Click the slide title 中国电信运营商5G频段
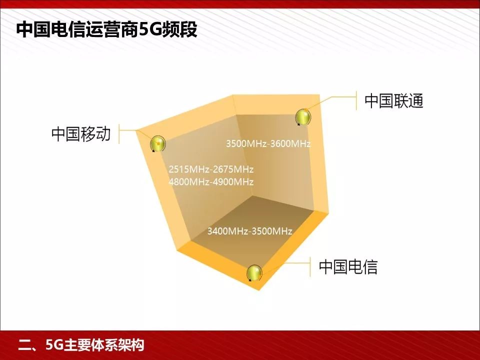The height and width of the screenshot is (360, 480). click(107, 29)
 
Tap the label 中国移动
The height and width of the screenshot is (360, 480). click(80, 134)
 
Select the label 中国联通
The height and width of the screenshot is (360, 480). click(394, 101)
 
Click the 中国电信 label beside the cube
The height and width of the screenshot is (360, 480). click(348, 266)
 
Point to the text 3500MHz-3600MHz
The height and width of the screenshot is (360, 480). click(268, 144)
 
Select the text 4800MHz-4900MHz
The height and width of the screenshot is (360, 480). click(211, 181)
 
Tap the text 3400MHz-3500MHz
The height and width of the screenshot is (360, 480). click(249, 231)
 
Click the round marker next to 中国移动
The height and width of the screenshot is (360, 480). click(158, 144)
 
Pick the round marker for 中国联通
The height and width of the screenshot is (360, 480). click(302, 117)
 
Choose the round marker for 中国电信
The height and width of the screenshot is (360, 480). click(254, 273)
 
